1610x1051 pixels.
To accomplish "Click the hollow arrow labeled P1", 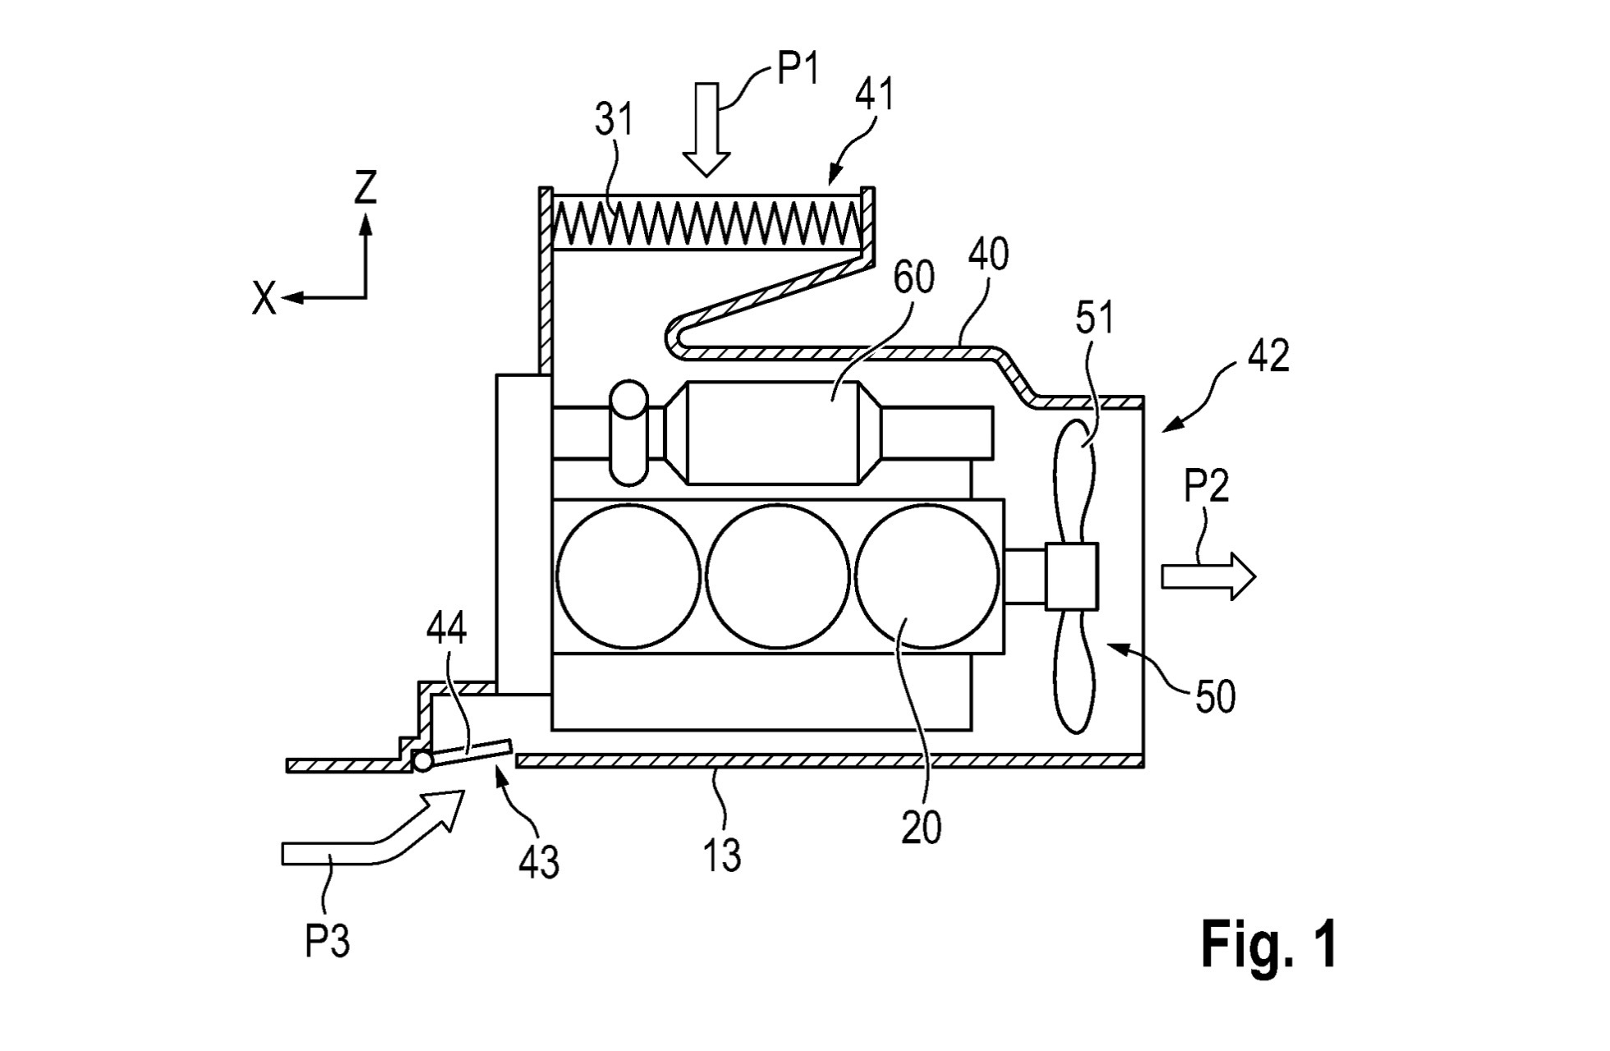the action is [x=706, y=130].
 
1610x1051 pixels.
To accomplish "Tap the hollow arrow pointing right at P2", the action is [x=1208, y=576].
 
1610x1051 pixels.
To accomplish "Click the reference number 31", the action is [x=614, y=120].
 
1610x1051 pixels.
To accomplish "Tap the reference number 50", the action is [x=1215, y=697].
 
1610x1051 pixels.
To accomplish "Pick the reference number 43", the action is [x=539, y=861].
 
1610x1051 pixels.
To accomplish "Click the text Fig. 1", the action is [x=1269, y=943].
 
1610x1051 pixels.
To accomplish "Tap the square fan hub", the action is [x=1072, y=576].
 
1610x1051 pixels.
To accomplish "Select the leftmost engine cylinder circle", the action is [x=628, y=576].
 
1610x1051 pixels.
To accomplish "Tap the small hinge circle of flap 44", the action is [x=423, y=761].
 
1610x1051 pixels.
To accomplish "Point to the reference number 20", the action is [x=921, y=828].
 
